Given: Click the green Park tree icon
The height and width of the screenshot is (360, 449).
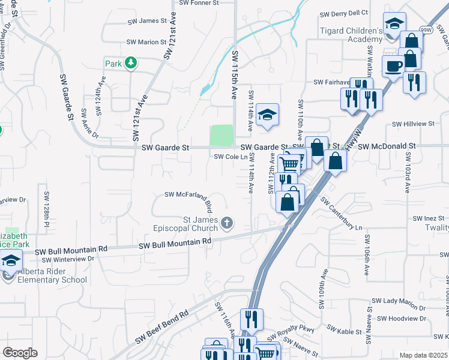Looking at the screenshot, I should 130,63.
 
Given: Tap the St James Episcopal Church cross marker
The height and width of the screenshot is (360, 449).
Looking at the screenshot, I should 226,224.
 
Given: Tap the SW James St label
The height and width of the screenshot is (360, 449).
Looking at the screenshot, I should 146,21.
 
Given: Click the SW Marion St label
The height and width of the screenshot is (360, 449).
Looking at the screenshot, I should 146,42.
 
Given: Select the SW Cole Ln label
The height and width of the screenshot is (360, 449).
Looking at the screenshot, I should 231,157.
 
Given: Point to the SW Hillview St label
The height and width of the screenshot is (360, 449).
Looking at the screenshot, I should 413,124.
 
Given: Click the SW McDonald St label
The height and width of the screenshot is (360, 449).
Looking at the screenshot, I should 387,146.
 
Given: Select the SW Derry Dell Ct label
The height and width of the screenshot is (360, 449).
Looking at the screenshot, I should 343,13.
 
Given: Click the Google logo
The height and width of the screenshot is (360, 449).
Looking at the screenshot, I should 20,353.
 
